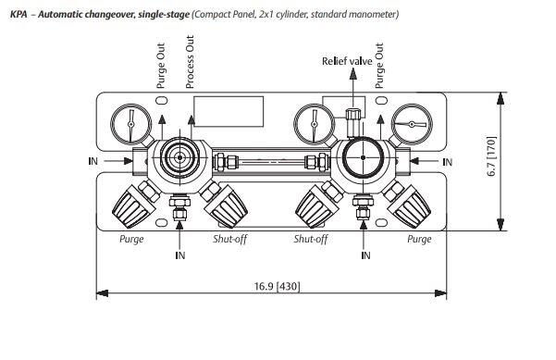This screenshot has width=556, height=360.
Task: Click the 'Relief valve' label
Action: pos(347,61)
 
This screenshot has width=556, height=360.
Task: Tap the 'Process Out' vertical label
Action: pos(190,62)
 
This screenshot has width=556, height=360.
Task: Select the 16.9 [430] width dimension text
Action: pos(277,286)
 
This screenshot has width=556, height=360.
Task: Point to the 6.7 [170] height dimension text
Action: pos(492,156)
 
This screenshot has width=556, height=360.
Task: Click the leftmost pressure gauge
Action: pos(130,124)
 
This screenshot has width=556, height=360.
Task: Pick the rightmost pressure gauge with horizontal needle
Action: pos(412,124)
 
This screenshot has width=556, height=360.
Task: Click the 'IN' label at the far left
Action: pos(93,161)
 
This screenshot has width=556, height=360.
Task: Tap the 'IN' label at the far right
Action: pos(448,162)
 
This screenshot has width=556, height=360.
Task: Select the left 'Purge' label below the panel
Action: pos(131,239)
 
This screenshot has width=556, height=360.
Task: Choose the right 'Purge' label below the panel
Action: pos(419,239)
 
